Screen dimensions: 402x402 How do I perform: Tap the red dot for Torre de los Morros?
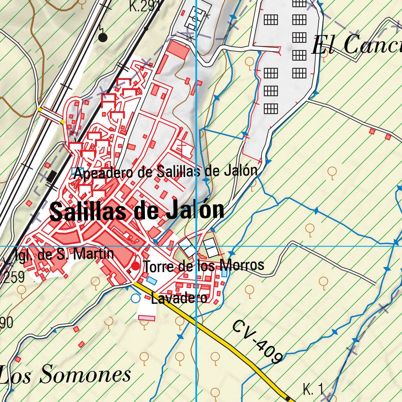pos(135,267)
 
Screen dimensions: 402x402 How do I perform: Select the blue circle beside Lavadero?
pos(135,298)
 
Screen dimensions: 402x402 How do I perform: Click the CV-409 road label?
pos(257,342)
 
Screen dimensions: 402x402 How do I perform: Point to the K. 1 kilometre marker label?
pos(313,389)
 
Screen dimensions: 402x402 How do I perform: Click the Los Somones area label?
pos(65,375)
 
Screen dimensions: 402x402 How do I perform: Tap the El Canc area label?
pos(355,46)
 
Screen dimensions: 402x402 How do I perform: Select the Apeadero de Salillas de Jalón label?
pos(166,172)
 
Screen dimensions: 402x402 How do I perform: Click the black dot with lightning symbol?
pos(103,38)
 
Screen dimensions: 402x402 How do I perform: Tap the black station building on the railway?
pos(51,176)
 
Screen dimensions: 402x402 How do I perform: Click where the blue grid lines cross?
pos(196,247)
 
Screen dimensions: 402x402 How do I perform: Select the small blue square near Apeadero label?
pos(75,171)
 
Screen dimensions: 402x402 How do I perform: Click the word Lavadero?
pos(179,298)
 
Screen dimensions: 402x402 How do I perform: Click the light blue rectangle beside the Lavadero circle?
pos(151,280)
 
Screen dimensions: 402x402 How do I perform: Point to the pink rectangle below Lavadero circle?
pos(146,317)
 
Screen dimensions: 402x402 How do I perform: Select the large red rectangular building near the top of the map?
pos(178,50)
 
